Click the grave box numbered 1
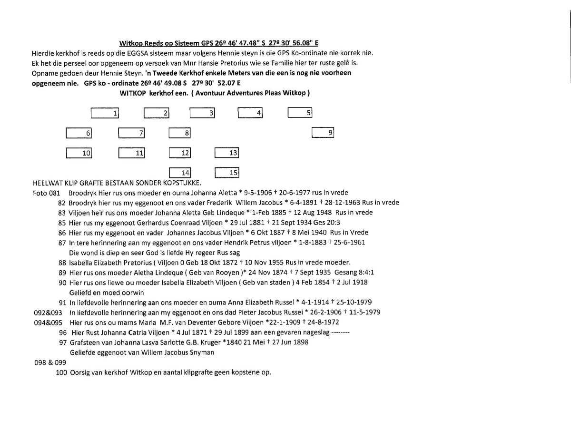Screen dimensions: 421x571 104,113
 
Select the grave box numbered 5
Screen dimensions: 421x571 300,113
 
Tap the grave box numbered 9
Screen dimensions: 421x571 323,133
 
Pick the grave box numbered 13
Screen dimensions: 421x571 226,153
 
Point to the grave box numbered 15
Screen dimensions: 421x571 226,173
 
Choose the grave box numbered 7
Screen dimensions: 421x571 131,134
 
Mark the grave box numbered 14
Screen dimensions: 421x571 180,173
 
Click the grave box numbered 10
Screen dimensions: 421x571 79,153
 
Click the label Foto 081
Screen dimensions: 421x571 46,193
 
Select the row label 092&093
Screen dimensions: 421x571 45,313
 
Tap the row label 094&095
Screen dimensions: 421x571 45,323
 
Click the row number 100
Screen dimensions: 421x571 61,372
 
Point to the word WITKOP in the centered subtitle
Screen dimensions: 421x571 134,93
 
